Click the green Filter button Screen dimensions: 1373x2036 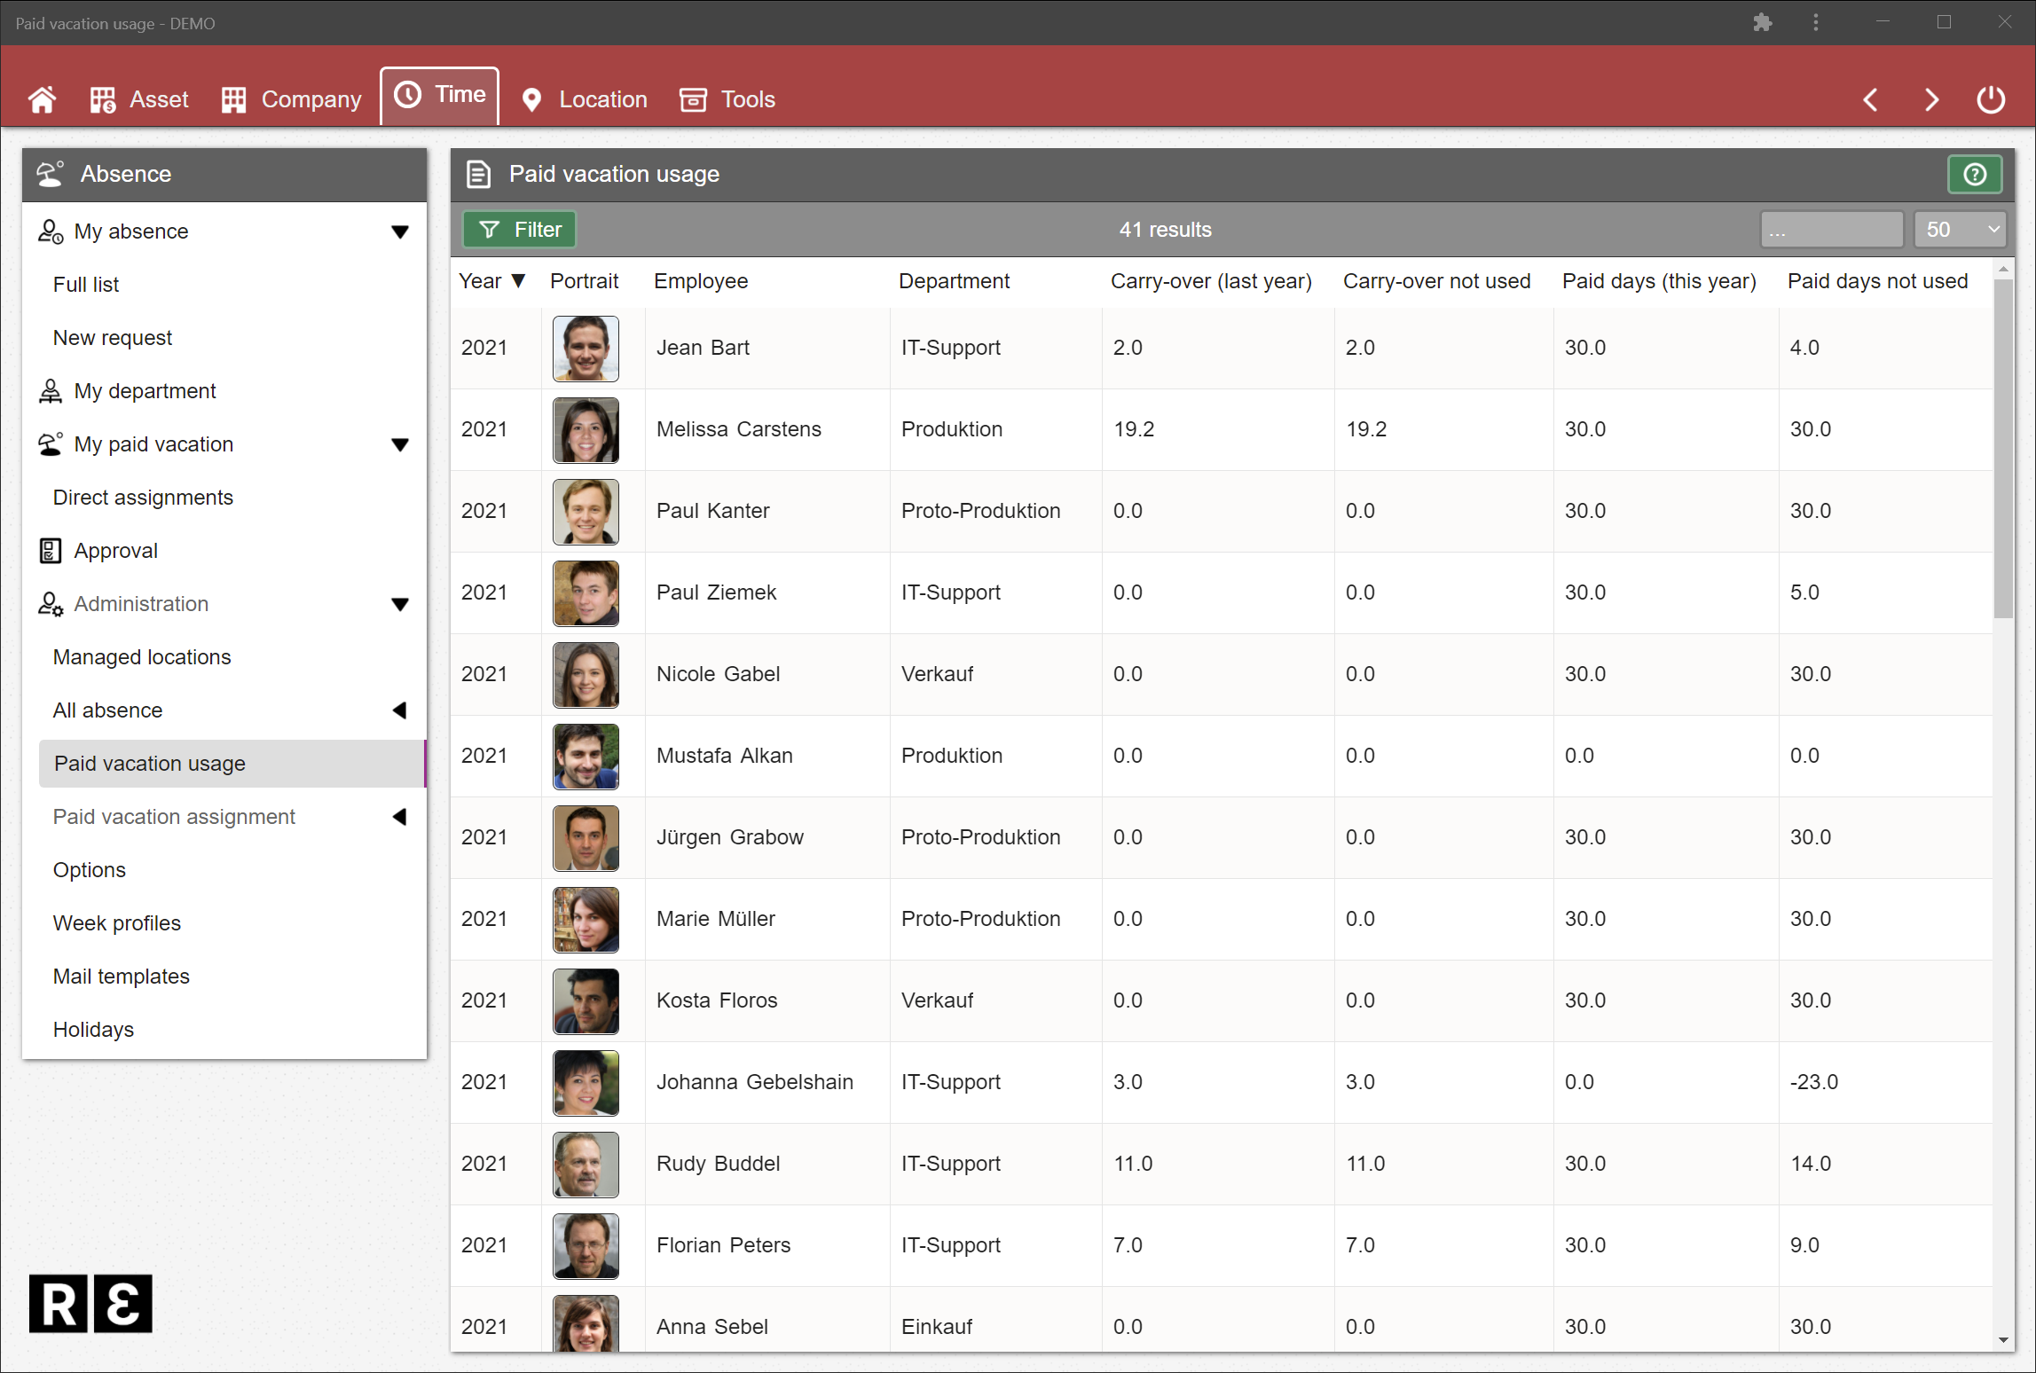pos(520,230)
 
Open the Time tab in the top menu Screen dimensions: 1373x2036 pos(440,95)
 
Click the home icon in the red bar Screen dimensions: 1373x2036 pos(42,99)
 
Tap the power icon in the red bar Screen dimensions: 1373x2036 pos(1990,99)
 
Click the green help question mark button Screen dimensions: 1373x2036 pos(1974,174)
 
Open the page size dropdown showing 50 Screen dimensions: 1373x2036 pos(1960,230)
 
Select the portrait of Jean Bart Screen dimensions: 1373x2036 pos(586,349)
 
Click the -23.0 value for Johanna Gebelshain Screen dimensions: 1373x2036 pos(1813,1082)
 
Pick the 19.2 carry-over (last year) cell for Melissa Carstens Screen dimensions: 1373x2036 pos(1134,429)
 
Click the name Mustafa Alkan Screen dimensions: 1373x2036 pos(724,756)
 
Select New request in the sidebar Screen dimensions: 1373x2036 pos(113,338)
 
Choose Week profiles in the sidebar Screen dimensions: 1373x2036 pos(117,923)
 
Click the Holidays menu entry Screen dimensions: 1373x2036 pos(93,1030)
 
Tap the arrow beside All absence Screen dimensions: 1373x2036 pos(400,710)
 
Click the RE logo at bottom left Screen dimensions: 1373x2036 pos(90,1303)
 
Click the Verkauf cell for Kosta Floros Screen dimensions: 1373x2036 pos(937,1000)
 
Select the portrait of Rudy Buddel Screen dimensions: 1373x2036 pos(586,1165)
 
